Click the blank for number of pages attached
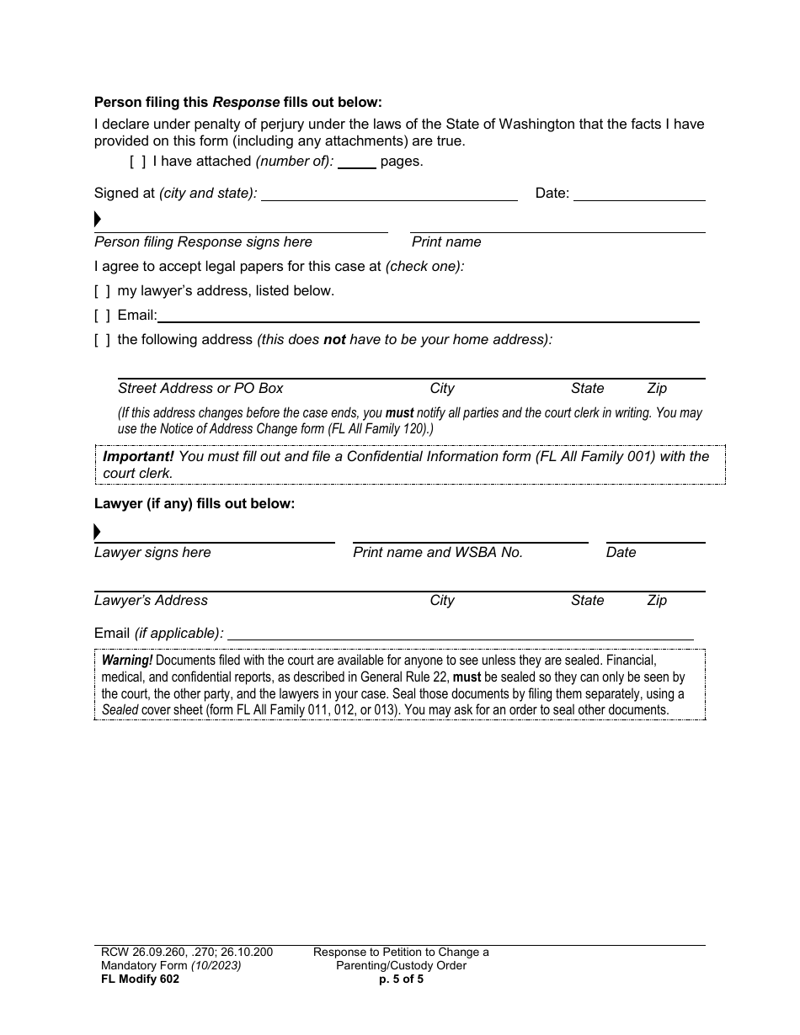point(357,162)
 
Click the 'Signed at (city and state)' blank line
point(389,195)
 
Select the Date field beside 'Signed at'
point(639,195)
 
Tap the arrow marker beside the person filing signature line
point(98,220)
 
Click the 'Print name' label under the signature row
point(446,242)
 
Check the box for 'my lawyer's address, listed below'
point(102,291)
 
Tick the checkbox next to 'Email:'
point(102,316)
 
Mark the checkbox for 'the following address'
point(102,340)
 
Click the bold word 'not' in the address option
point(334,340)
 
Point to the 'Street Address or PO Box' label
point(200,389)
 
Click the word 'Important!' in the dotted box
point(138,456)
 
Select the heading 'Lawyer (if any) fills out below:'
point(195,504)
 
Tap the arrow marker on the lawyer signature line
point(98,532)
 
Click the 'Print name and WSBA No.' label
point(438,553)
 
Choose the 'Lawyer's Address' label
point(151,601)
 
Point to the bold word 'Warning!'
point(127,661)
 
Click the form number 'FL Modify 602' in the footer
point(136,979)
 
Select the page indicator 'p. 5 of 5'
point(401,979)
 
